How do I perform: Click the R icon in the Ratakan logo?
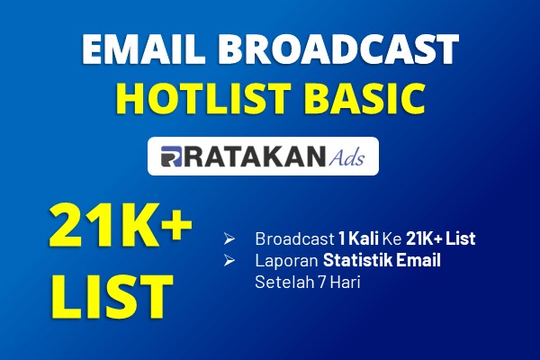click(x=171, y=157)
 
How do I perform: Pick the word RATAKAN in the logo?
click(x=254, y=157)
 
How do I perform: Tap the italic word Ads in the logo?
click(x=346, y=157)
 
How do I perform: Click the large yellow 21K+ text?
click(x=121, y=225)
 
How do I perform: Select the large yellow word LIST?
click(x=112, y=297)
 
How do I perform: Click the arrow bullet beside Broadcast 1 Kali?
click(x=229, y=238)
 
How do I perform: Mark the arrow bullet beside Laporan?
click(x=229, y=260)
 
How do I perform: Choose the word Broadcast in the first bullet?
click(x=295, y=238)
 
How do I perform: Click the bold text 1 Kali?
click(x=358, y=238)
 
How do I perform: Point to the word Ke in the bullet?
click(x=392, y=238)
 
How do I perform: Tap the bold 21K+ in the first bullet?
click(x=424, y=238)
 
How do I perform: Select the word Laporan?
click(x=286, y=260)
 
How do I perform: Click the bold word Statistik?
click(x=357, y=260)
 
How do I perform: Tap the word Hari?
click(x=346, y=282)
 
